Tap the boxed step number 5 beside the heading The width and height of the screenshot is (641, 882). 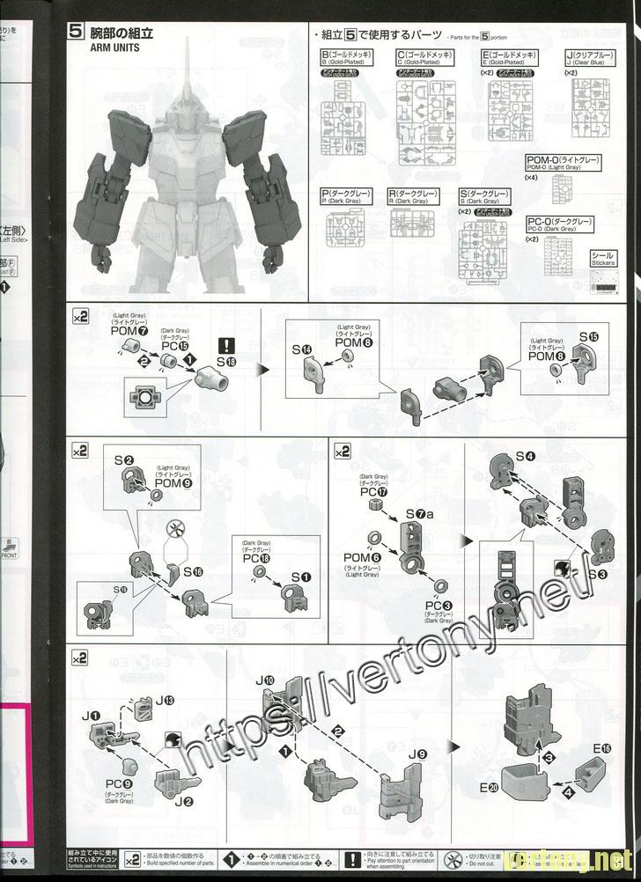[x=76, y=33]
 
